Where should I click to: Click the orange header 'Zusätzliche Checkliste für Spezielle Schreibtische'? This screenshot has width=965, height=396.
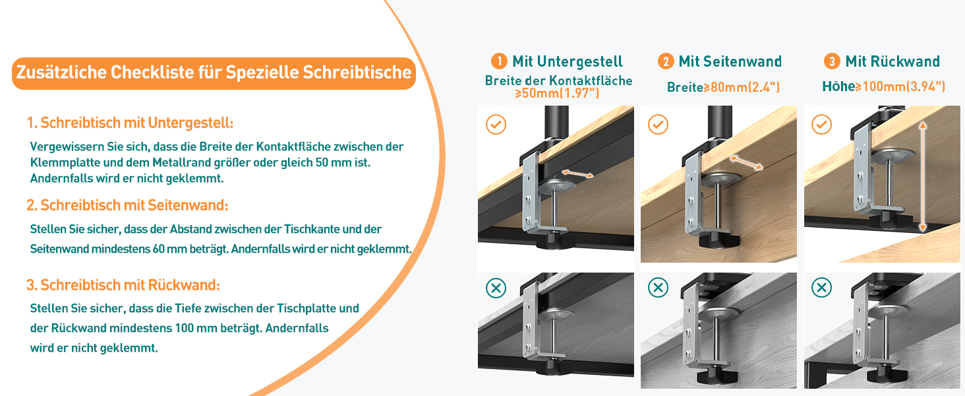tap(214, 73)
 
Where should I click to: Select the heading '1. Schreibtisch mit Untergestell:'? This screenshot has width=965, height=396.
tap(131, 123)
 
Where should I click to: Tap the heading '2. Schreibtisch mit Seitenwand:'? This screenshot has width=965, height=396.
tap(128, 205)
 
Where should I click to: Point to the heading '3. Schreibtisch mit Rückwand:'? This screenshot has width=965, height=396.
tap(123, 285)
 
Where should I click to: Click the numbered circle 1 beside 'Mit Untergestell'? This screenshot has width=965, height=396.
tap(499, 61)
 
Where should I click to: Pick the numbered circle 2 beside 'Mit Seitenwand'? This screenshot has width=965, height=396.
tap(666, 61)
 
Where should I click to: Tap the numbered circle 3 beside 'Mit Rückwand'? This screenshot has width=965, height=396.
tap(832, 61)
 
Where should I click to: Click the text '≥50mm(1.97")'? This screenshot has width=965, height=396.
tap(557, 93)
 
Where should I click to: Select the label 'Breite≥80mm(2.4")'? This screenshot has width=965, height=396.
tap(723, 87)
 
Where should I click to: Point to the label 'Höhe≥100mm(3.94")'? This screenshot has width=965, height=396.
tap(884, 86)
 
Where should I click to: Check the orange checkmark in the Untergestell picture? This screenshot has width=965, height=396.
tap(496, 124)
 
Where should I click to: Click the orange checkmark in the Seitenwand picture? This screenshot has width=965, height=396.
tap(658, 124)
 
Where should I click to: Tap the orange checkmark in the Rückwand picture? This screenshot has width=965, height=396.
tap(821, 124)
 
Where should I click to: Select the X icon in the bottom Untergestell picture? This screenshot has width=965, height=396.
tap(496, 288)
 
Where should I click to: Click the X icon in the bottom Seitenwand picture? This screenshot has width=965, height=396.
tap(658, 288)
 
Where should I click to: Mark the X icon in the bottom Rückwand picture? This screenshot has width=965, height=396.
tap(821, 288)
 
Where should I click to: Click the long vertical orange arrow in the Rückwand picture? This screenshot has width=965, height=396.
tap(922, 175)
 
